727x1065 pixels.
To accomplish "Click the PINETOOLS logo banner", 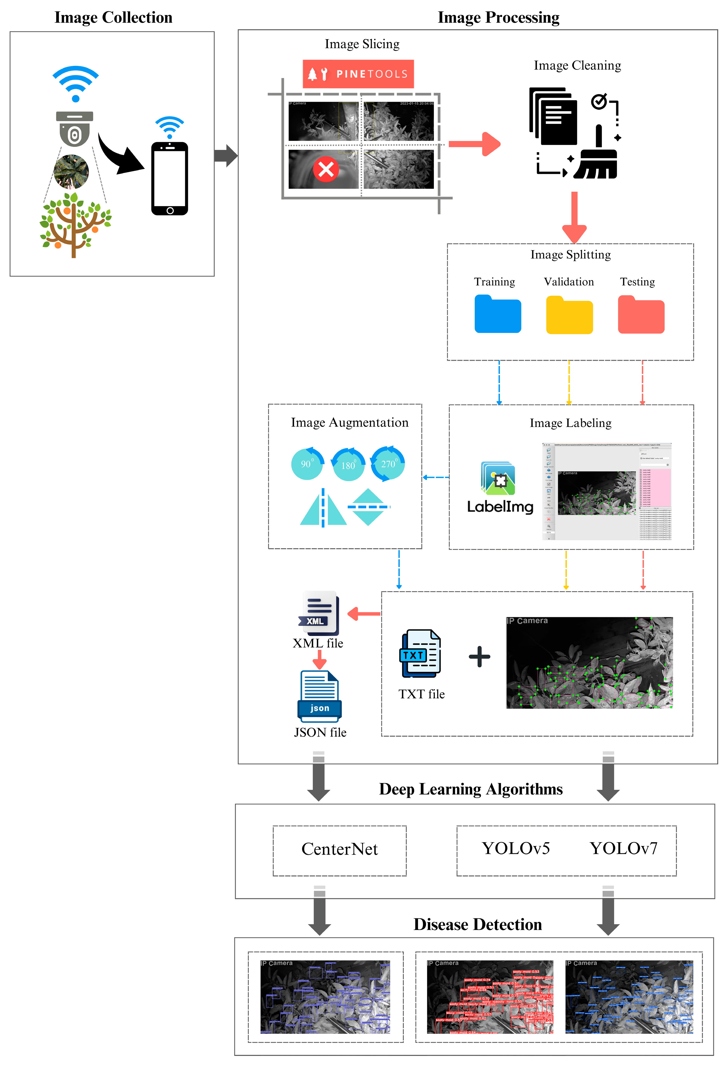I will coord(358,74).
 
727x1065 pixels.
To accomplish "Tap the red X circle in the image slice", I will coord(326,169).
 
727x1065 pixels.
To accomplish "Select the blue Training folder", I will coord(498,315).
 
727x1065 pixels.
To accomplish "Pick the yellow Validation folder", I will coord(569,316).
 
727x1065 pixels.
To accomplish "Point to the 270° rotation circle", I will coord(388,464).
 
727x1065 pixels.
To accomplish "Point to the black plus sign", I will coord(479,657).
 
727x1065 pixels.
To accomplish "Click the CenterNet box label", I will coord(339,849).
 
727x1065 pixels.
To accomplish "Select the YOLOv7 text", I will coord(623,848).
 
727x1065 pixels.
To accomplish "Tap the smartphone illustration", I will coord(169,179).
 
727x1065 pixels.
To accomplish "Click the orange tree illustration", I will coord(75,225).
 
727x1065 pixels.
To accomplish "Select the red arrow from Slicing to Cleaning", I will coord(474,144).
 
